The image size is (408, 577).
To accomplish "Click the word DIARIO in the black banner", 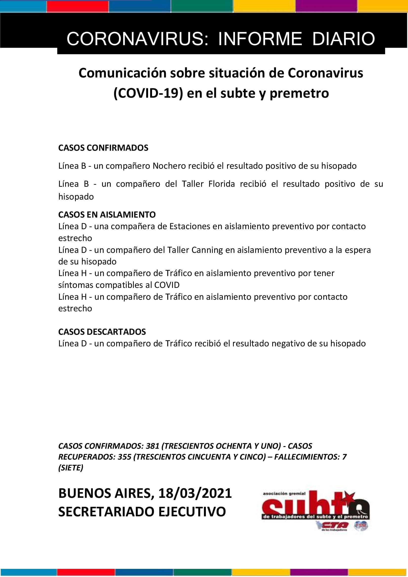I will tap(344, 39).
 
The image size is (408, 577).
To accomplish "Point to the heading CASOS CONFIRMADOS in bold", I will tap(103, 148).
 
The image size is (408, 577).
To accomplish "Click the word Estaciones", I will tap(190, 226).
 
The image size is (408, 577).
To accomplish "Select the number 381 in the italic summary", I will tap(153, 446).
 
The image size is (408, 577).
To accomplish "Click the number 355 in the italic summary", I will tap(124, 457).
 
